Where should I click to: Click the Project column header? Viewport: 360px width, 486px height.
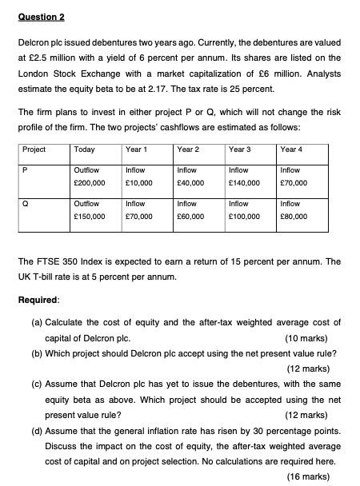pos(34,149)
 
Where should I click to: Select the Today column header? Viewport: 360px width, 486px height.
pos(83,149)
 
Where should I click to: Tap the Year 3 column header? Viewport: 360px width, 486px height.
pos(239,149)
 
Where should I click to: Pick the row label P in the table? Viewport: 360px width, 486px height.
pos(26,169)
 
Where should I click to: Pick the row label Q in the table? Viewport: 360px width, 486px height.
pos(26,203)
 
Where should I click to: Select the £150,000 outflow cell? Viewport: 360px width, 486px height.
pos(89,216)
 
